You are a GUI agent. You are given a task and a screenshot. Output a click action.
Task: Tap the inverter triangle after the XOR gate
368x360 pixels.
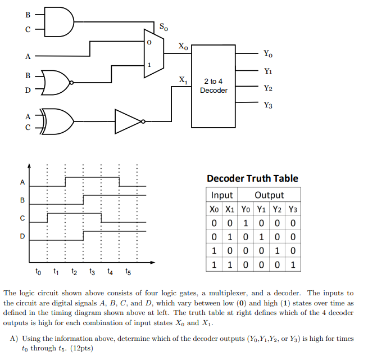pyautogui.click(x=129, y=121)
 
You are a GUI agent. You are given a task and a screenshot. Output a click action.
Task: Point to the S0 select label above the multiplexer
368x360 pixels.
pyautogui.click(x=163, y=26)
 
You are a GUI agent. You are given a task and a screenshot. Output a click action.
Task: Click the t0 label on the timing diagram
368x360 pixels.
pyautogui.click(x=38, y=272)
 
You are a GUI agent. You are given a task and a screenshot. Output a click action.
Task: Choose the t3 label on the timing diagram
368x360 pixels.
pyautogui.click(x=93, y=272)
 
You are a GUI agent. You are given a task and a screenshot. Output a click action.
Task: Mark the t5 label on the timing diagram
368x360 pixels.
pyautogui.click(x=129, y=272)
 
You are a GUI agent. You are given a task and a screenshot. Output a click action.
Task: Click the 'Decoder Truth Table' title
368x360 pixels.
pyautogui.click(x=252, y=178)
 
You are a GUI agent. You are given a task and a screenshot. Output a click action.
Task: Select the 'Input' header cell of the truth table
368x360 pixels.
pyautogui.click(x=222, y=195)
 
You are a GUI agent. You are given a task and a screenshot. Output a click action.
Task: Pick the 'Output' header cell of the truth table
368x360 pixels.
pyautogui.click(x=269, y=195)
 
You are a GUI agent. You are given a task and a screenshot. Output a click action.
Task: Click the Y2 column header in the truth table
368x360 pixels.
pyautogui.click(x=278, y=209)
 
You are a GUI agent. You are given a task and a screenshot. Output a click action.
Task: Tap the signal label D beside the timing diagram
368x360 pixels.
pyautogui.click(x=22, y=236)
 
